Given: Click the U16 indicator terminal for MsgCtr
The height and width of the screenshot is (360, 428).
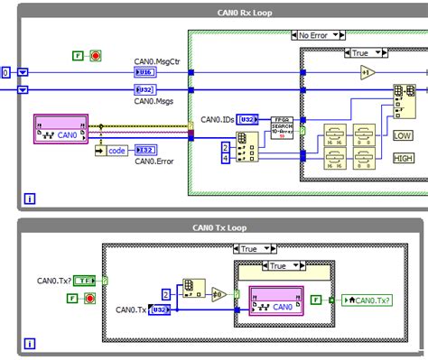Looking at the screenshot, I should pyautogui.click(x=145, y=72).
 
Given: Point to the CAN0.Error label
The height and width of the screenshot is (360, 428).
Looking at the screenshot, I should pyautogui.click(x=156, y=162).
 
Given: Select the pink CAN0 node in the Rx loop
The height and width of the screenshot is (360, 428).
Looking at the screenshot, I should pyautogui.click(x=61, y=130).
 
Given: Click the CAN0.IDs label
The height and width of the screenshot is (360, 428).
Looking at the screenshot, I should pyautogui.click(x=218, y=119).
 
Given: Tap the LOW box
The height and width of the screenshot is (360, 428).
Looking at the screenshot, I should pyautogui.click(x=403, y=135).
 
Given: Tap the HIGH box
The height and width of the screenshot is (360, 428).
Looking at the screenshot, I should pyautogui.click(x=403, y=156).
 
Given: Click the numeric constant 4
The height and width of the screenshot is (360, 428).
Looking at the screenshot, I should pyautogui.click(x=226, y=158).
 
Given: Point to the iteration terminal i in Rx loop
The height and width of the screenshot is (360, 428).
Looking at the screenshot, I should pyautogui.click(x=30, y=198).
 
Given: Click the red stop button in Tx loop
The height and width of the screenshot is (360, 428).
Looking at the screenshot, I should pyautogui.click(x=89, y=298).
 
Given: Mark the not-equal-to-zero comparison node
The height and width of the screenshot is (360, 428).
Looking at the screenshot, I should pyautogui.click(x=219, y=293).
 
